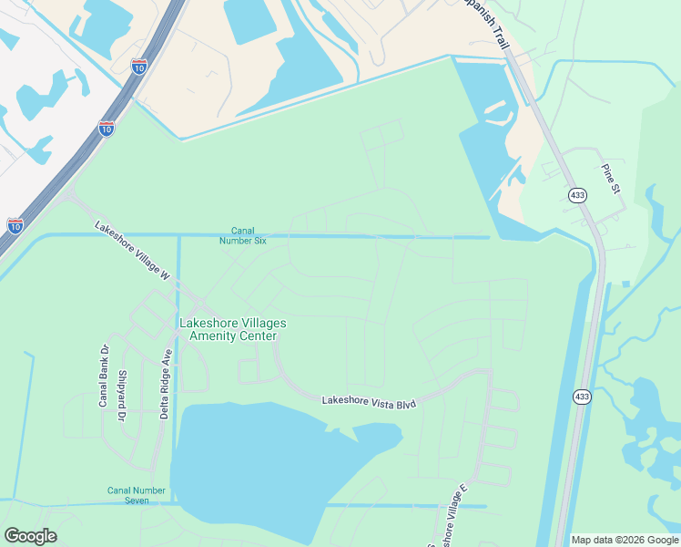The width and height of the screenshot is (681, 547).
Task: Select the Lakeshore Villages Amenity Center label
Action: [232, 329]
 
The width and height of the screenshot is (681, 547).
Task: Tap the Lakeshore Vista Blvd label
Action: [369, 400]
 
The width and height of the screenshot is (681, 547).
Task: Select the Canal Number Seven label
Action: [137, 495]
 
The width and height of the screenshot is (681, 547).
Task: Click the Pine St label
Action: [610, 179]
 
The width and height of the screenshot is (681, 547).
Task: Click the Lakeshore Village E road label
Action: [453, 517]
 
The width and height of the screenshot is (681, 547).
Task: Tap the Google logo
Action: [30, 536]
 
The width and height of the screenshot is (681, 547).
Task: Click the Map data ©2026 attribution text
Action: [625, 540]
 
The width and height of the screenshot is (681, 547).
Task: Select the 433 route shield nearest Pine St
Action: [577, 195]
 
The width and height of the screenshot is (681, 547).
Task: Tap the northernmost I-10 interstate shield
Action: [138, 66]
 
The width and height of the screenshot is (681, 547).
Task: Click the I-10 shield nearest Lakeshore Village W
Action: [15, 224]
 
